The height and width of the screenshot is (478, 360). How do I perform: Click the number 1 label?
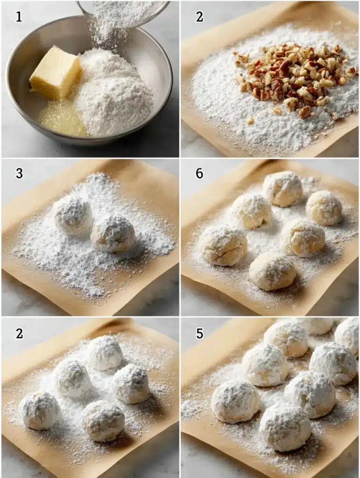19,17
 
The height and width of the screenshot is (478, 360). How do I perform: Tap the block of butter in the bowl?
55,72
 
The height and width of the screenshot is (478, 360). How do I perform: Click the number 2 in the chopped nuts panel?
199,17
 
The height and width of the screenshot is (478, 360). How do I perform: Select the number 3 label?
19,174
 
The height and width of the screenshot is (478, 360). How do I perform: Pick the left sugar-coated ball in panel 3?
73,214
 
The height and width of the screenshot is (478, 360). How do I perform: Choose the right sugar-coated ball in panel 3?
113,233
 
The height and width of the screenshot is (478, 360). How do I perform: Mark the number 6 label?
199,174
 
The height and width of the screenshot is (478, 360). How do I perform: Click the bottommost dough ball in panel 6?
272,271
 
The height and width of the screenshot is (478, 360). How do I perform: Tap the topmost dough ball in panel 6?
283,188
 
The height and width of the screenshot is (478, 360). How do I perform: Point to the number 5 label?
199,333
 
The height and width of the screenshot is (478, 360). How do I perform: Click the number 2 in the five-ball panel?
19,333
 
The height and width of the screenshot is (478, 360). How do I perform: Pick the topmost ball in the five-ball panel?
105,353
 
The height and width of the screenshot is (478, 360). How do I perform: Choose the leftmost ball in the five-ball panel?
40,410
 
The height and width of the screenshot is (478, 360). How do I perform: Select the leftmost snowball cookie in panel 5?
235,401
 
